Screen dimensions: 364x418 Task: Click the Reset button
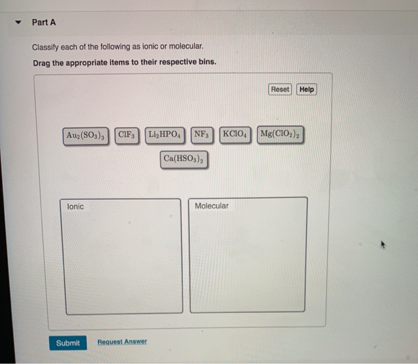click(279, 90)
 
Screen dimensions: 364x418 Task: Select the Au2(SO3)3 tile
click(86, 135)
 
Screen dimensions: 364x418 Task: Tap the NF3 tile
click(202, 135)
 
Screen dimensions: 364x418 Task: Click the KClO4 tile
click(235, 135)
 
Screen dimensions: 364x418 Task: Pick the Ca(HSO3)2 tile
click(184, 160)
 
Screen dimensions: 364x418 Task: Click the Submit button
click(67, 343)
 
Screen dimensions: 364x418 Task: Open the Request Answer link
click(122, 342)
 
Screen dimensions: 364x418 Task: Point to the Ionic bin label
click(76, 206)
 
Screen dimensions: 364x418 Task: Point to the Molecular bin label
click(211, 206)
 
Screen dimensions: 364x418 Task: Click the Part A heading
click(44, 23)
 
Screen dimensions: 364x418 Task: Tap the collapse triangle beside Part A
click(18, 23)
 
